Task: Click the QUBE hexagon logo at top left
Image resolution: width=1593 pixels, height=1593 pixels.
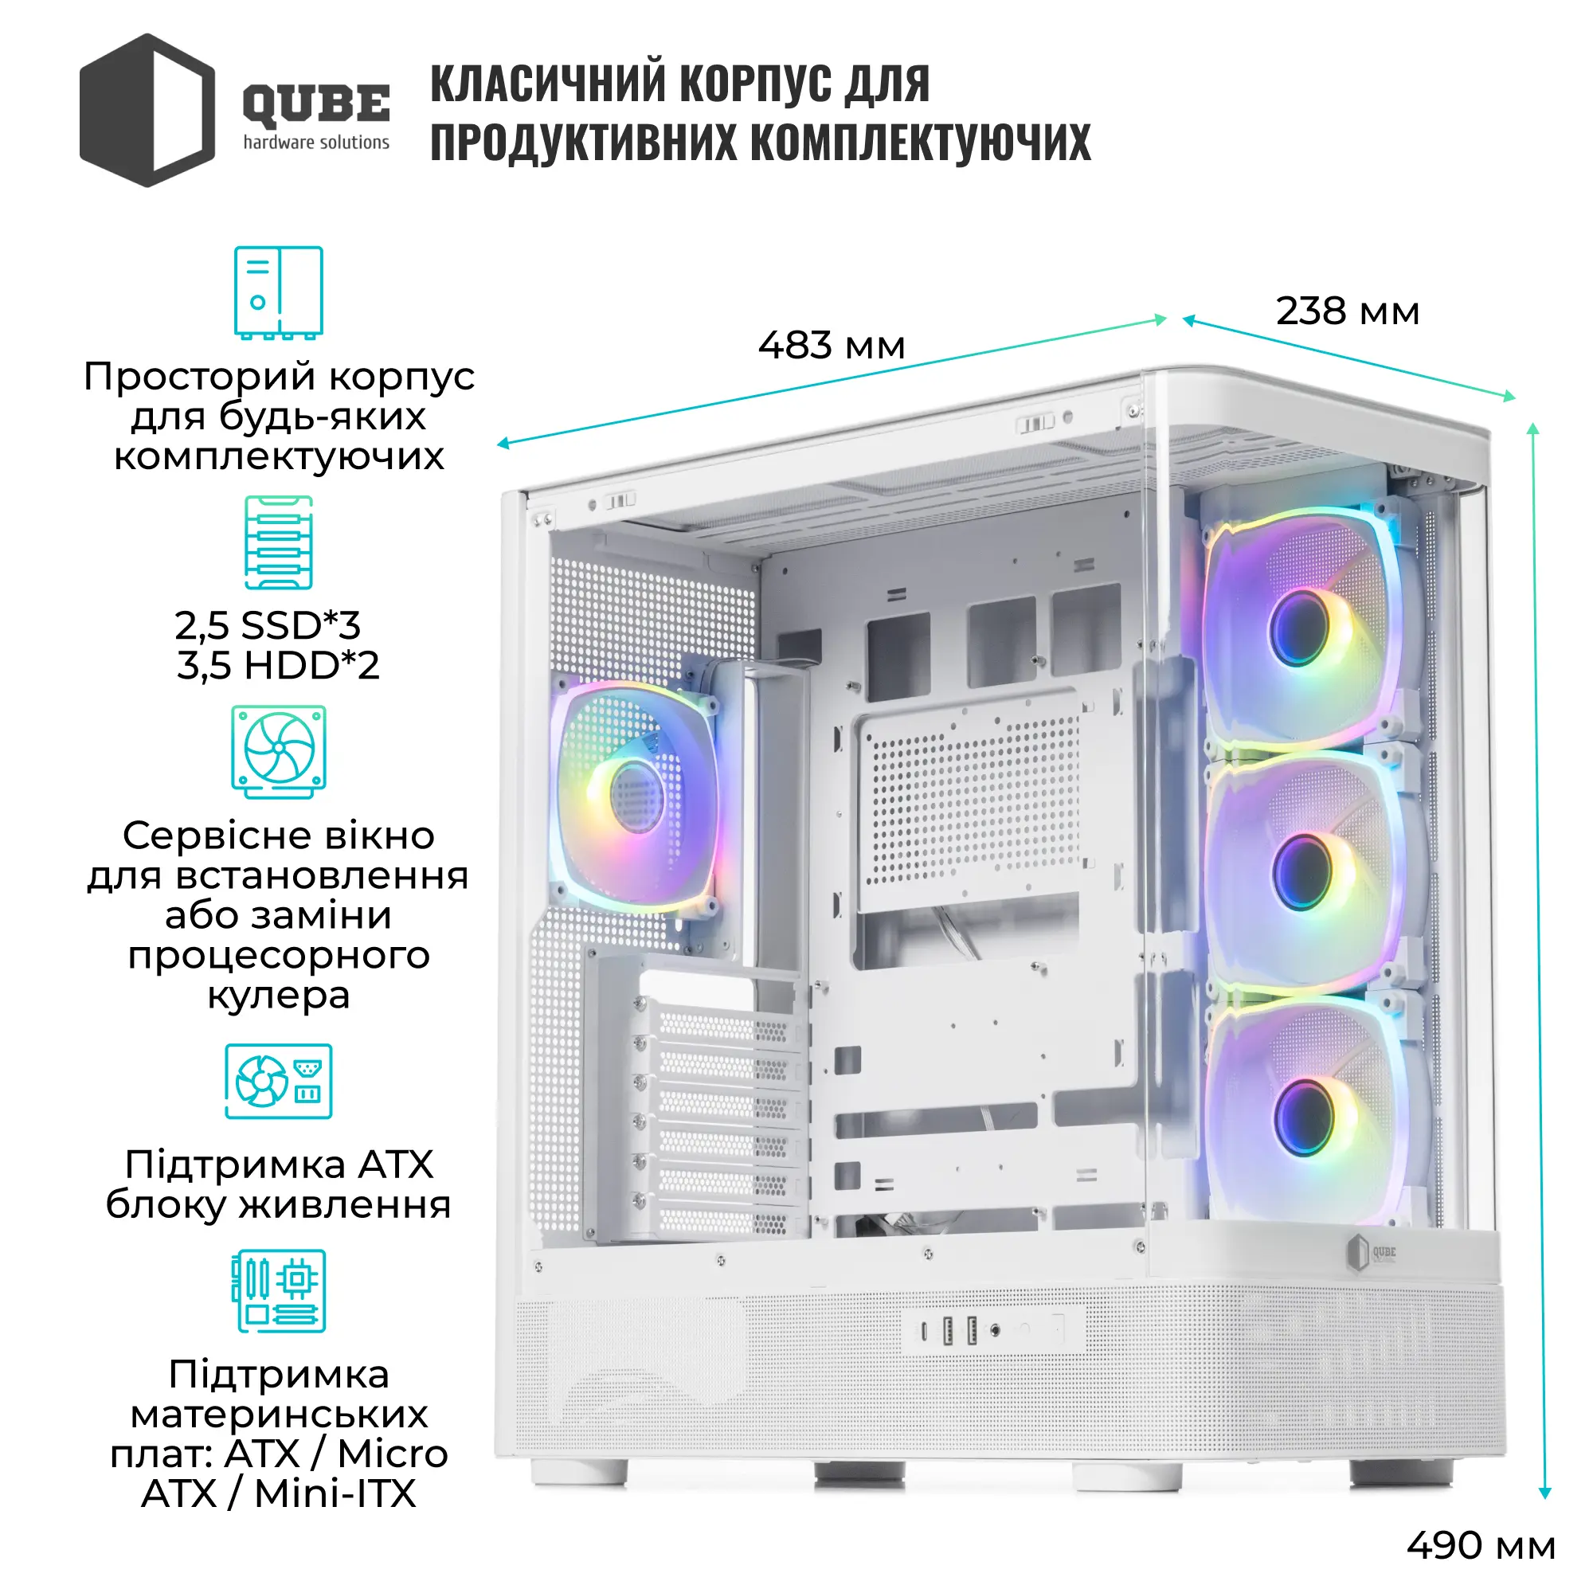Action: (147, 110)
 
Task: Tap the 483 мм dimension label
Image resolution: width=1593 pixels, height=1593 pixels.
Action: (831, 345)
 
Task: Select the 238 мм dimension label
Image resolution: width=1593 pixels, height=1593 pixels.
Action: (1348, 311)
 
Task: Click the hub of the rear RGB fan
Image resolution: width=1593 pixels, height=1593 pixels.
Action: (636, 796)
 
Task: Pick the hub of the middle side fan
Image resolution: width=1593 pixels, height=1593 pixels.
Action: (1304, 871)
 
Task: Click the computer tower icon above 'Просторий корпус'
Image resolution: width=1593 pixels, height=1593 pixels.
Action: (279, 292)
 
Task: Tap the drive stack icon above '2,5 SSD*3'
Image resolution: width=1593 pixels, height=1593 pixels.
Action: (279, 542)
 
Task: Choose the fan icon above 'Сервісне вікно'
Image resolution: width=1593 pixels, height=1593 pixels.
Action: (279, 751)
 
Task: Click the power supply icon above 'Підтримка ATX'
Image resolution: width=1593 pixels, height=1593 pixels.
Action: (279, 1081)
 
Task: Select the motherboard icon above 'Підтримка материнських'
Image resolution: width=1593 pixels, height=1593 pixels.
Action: (279, 1290)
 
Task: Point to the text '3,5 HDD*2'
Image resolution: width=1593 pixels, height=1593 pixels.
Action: (279, 664)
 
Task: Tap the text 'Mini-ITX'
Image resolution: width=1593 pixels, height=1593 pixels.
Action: (335, 1493)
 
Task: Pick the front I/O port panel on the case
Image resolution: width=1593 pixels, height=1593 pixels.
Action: (992, 1330)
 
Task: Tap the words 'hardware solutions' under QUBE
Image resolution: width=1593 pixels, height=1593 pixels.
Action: (315, 143)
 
